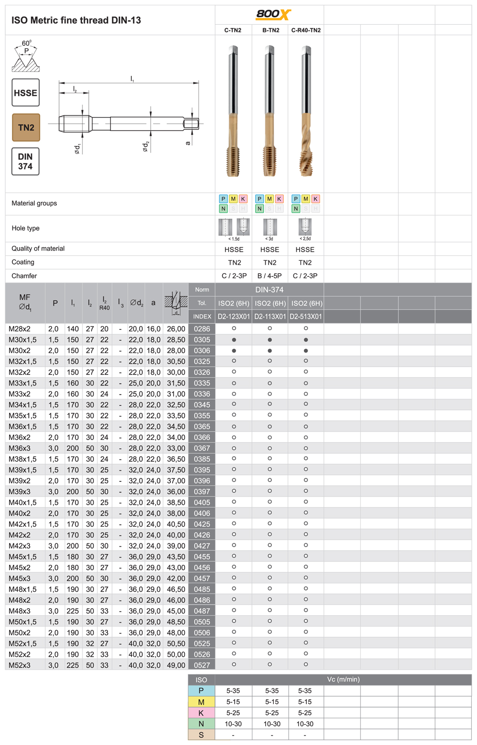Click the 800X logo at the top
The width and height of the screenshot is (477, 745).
(273, 14)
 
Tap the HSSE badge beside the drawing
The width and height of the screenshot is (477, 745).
(26, 93)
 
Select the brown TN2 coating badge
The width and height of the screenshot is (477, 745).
(26, 127)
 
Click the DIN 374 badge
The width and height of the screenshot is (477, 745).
(26, 162)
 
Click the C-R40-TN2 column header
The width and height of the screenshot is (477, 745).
(306, 30)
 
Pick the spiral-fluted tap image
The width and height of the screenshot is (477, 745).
(306, 112)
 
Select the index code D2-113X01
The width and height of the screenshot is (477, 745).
(270, 316)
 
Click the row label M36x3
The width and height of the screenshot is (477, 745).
(20, 449)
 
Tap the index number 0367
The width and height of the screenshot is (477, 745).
(202, 449)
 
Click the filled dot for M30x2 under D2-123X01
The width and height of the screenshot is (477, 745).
(234, 351)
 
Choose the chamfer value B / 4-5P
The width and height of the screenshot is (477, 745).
(270, 276)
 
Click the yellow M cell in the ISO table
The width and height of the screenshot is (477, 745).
(201, 702)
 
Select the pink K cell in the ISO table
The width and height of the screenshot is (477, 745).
(201, 713)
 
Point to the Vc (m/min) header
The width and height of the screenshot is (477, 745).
(343, 680)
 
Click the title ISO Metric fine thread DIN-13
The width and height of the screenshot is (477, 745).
(76, 20)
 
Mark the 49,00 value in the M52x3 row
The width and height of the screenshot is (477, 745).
(176, 665)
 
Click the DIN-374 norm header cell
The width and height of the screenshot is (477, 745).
(270, 290)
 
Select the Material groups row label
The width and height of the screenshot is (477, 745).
(34, 204)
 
